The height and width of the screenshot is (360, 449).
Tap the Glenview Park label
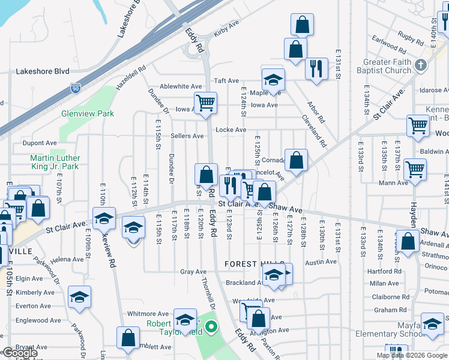87,113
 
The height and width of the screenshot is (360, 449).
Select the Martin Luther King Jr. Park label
55,162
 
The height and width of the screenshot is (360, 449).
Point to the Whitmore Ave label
148,314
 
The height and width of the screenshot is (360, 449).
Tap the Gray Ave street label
193,272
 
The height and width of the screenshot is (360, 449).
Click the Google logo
19,353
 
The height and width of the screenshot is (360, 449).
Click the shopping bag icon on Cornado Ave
296,160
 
